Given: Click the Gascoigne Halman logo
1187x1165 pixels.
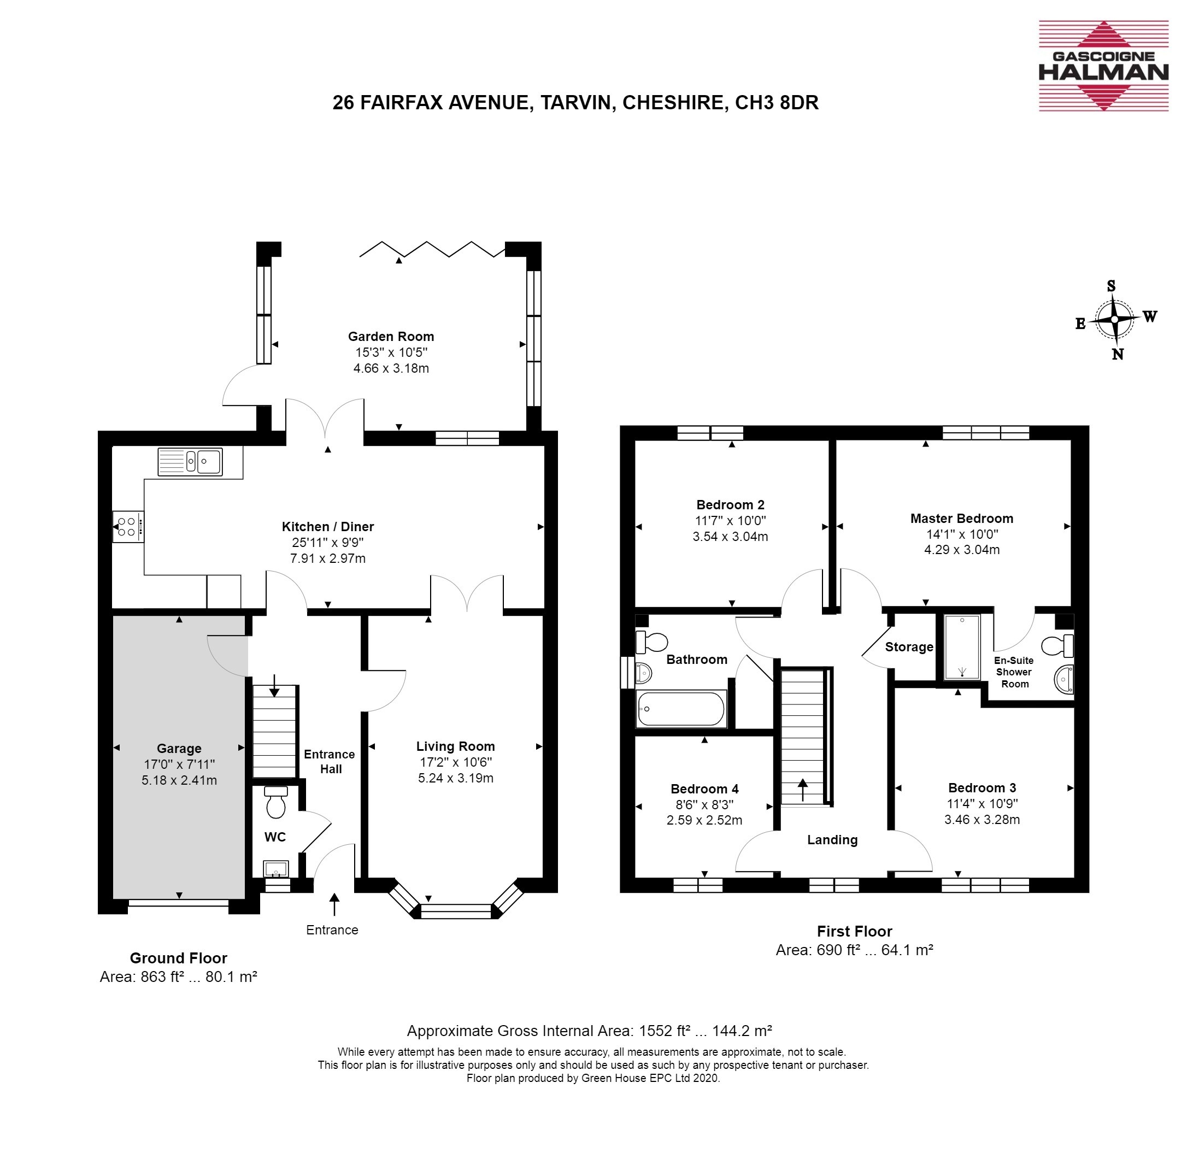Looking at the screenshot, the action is pos(1103,66).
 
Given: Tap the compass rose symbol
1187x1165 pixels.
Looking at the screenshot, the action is pos(1114,320).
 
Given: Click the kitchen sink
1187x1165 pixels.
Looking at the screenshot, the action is pos(190,461).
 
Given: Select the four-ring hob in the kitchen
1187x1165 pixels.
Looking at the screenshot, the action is pos(128,526).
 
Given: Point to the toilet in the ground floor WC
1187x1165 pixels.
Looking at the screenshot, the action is pos(276,802).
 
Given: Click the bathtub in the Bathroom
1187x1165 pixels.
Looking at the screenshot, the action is pos(681,709).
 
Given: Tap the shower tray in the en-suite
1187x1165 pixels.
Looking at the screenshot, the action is pos(962,647).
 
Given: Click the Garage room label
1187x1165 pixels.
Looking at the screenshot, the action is pos(179,748).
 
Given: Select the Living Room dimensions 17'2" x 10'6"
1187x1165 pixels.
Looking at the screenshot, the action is pos(455,762).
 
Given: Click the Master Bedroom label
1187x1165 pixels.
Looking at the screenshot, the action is pos(961,518).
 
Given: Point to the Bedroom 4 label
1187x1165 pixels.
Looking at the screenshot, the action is pos(704,789).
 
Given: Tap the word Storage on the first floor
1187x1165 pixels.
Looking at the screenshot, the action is pos(909,648).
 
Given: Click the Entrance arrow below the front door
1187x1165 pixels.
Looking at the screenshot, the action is pos(334,904).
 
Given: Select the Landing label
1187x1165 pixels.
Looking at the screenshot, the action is pos(832,840).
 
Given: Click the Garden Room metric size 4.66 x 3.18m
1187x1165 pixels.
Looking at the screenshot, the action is pos(391,368).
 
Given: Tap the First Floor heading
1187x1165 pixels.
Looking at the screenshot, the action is pos(854,931).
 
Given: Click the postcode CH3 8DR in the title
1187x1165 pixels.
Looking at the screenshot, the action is pos(777,102).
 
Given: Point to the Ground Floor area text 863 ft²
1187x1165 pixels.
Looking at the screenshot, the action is pos(162,976).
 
